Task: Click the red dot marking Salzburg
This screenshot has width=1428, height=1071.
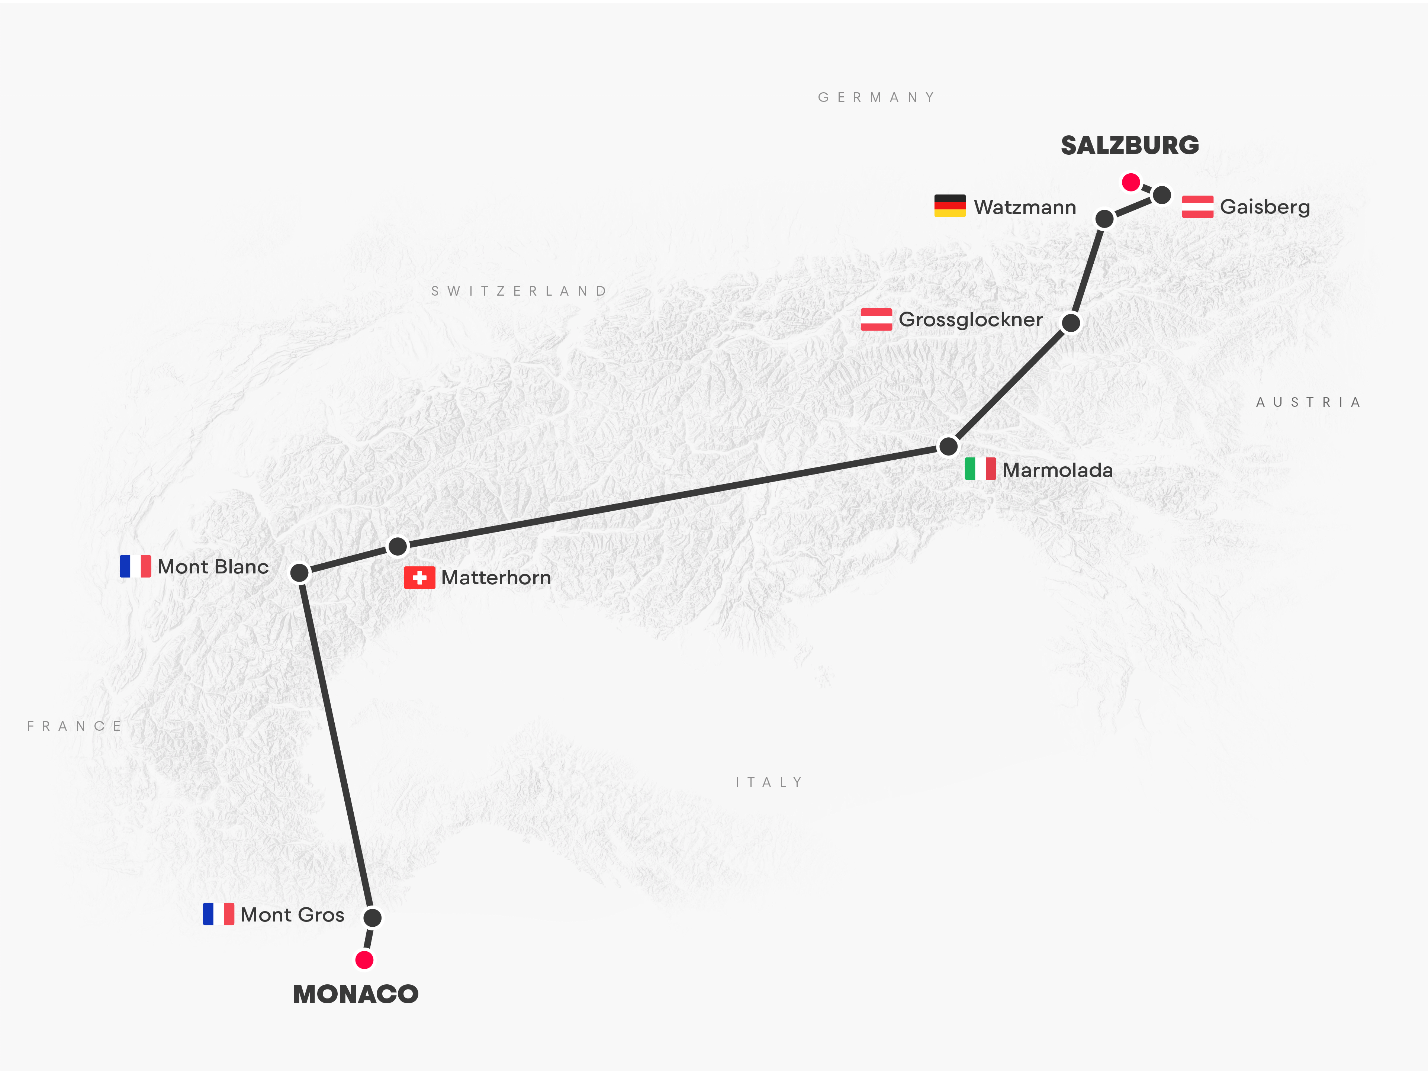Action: pyautogui.click(x=1130, y=182)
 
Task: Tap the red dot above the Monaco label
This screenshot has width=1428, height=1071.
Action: pyautogui.click(x=364, y=960)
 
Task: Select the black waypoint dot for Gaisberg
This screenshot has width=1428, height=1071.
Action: pyautogui.click(x=1162, y=194)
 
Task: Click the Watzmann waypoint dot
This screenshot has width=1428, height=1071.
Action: pyautogui.click(x=1104, y=219)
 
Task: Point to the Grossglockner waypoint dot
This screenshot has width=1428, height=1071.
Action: pyautogui.click(x=1070, y=322)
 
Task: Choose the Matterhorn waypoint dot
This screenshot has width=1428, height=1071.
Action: pyautogui.click(x=398, y=546)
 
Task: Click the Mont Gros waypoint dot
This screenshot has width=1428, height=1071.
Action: pyautogui.click(x=373, y=917)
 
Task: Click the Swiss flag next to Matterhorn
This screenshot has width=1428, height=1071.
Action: pyautogui.click(x=419, y=578)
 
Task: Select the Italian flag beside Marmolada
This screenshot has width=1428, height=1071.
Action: pyautogui.click(x=980, y=469)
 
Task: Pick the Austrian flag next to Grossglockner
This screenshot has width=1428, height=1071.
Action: pyautogui.click(x=876, y=319)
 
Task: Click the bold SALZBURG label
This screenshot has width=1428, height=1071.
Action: pyautogui.click(x=1130, y=145)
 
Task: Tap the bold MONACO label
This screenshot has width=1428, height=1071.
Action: pyautogui.click(x=356, y=994)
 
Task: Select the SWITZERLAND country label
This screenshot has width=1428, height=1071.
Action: pyautogui.click(x=519, y=291)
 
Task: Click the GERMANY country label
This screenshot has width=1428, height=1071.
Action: pyautogui.click(x=876, y=97)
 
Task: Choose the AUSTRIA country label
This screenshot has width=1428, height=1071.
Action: pyautogui.click(x=1308, y=402)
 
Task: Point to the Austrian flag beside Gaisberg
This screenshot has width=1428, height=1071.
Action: pyautogui.click(x=1197, y=207)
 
